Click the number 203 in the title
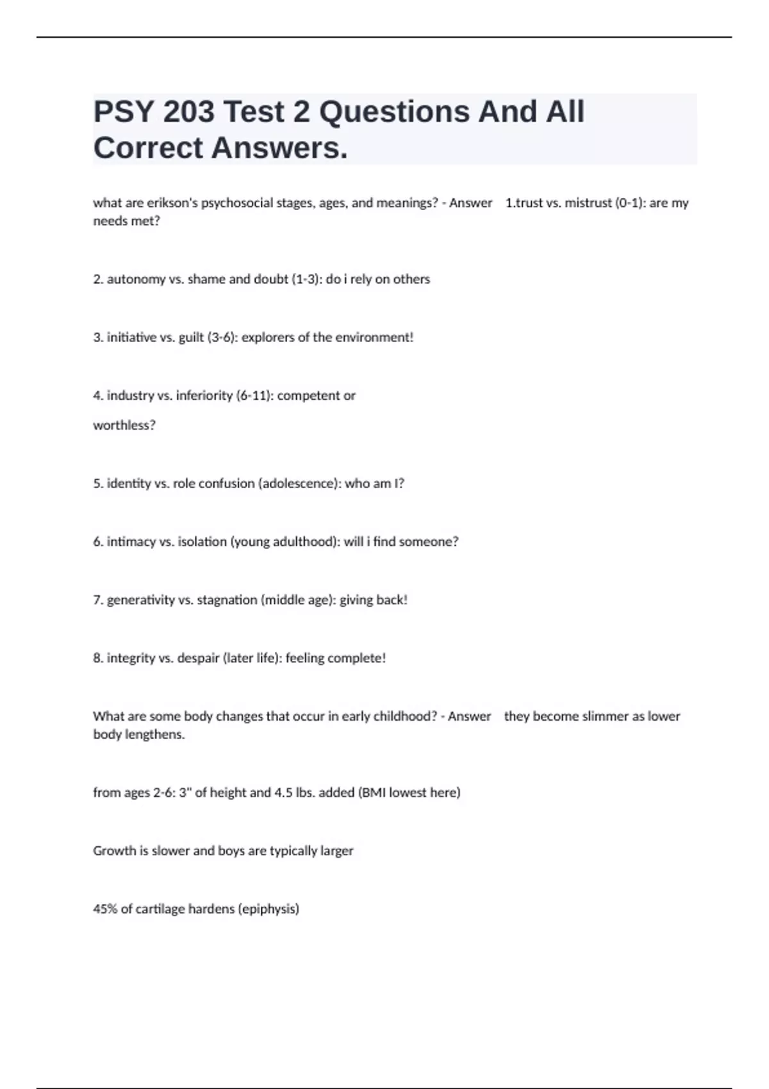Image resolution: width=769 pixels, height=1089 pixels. click(x=188, y=112)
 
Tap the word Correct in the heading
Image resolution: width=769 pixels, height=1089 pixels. click(x=148, y=148)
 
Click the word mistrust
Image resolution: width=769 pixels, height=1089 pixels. click(x=588, y=203)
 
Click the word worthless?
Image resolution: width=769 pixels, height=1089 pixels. click(x=124, y=425)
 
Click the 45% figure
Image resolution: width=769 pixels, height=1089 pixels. click(x=105, y=909)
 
